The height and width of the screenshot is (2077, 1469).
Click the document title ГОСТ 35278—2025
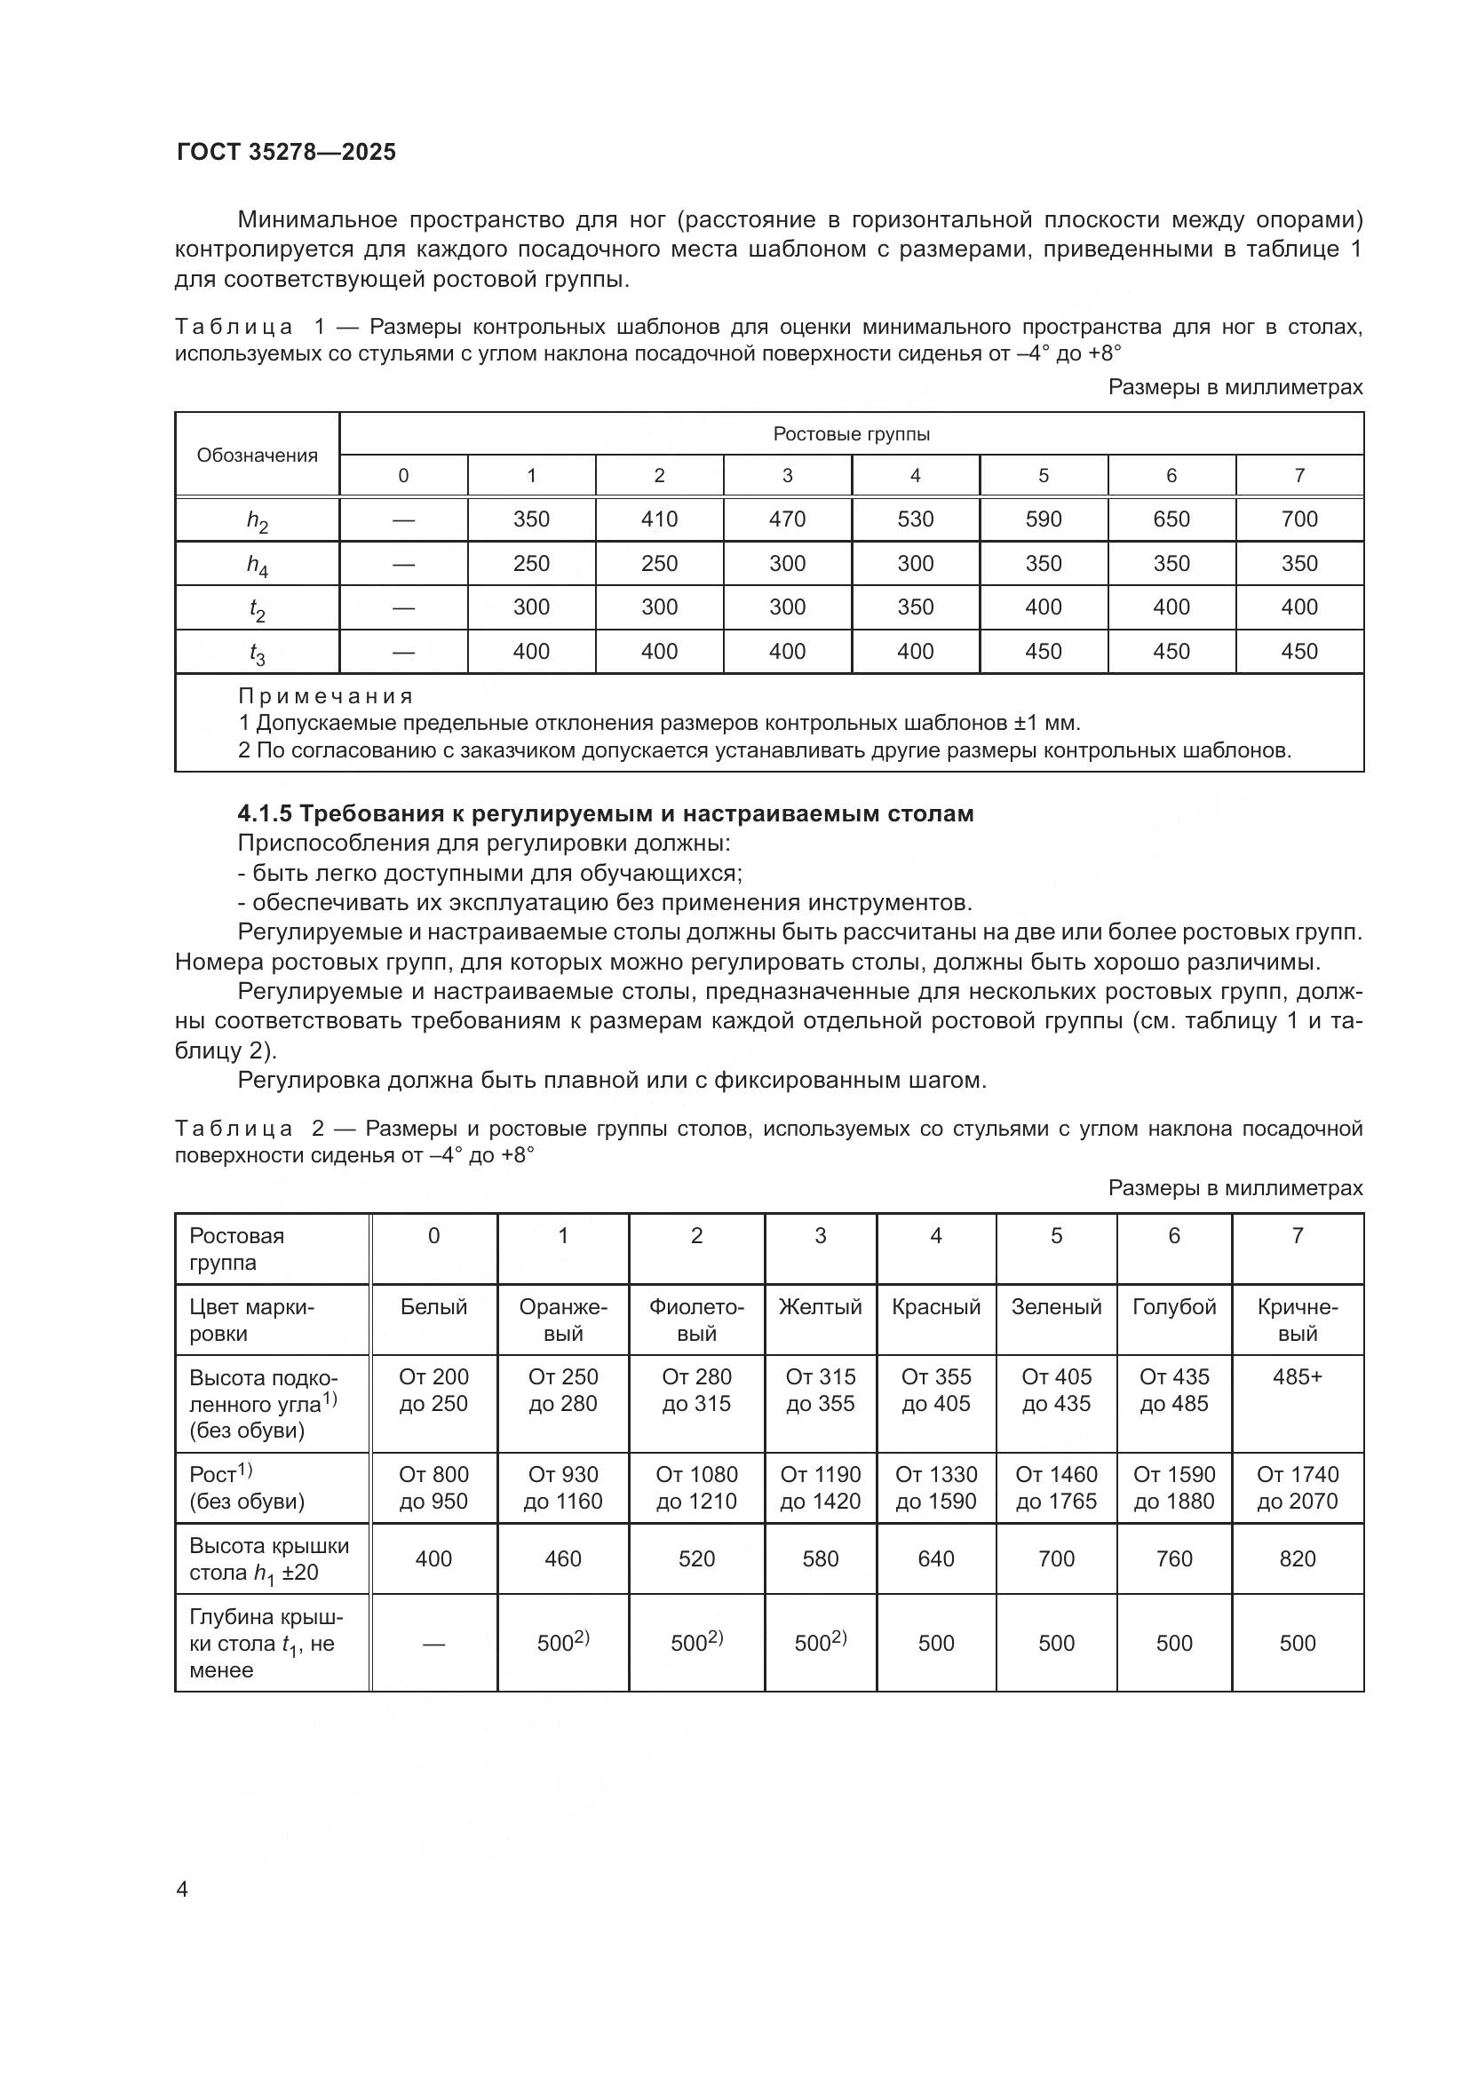[286, 152]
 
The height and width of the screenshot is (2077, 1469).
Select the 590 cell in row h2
[1043, 519]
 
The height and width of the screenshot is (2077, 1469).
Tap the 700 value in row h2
[1299, 519]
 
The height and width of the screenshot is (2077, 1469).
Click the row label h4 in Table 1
[257, 565]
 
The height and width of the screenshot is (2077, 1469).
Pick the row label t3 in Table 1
[257, 654]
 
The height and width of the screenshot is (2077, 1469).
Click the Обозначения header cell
[257, 455]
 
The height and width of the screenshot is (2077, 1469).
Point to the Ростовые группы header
[851, 434]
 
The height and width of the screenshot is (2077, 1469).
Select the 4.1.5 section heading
[605, 813]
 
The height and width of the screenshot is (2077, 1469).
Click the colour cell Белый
[433, 1307]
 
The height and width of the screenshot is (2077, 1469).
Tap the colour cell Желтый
[820, 1307]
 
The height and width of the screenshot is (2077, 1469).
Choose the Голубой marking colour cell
[1173, 1307]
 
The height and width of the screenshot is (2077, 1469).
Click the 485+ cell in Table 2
[1297, 1377]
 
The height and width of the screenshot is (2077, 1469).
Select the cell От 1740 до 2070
[1297, 1488]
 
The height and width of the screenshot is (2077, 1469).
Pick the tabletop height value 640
[935, 1558]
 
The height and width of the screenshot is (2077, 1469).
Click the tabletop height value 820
[1297, 1558]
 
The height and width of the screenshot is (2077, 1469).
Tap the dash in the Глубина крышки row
[433, 1644]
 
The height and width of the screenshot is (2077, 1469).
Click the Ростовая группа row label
[237, 1249]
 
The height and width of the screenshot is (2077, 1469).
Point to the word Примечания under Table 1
[326, 696]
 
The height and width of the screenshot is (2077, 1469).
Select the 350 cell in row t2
[915, 607]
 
